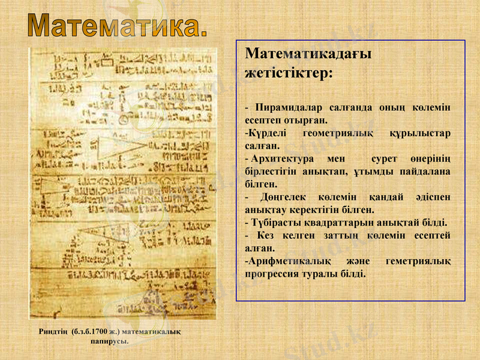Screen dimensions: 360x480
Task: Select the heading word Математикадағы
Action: tap(308, 54)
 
